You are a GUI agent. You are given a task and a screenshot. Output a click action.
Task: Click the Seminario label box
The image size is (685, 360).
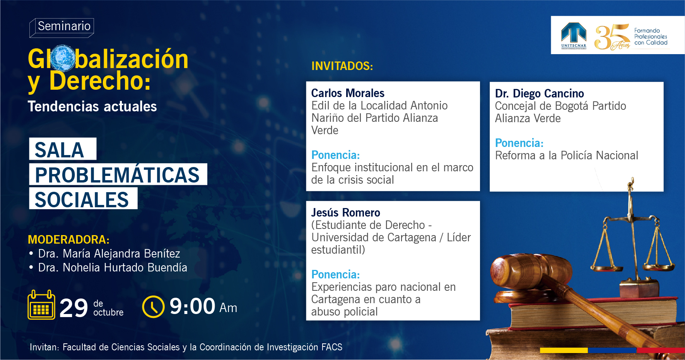pyautogui.click(x=62, y=27)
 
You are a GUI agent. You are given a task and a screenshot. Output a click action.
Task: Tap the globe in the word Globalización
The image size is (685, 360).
pyautogui.click(x=63, y=58)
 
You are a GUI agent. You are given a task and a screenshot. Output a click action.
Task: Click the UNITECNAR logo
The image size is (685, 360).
pyautogui.click(x=574, y=35)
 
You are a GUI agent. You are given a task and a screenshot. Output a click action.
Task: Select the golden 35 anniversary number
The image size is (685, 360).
pyautogui.click(x=612, y=37)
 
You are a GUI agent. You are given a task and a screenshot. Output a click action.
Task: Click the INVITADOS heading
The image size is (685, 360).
pyautogui.click(x=342, y=66)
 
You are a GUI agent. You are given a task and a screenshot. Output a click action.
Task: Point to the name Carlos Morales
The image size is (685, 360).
pyautogui.click(x=348, y=93)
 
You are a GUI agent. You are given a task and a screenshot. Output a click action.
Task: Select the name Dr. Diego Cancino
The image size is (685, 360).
pyautogui.click(x=540, y=94)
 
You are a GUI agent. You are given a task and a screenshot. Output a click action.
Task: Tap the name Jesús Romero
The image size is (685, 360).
pyautogui.click(x=346, y=213)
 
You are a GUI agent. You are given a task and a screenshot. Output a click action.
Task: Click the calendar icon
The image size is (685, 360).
pyautogui.click(x=41, y=305)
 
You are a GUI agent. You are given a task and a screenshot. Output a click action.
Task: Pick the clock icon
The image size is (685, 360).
pyautogui.click(x=154, y=307)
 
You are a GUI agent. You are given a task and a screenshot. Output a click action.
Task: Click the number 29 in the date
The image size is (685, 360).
pyautogui.click(x=74, y=308)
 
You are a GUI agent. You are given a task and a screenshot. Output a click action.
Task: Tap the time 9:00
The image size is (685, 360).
pyautogui.click(x=192, y=306)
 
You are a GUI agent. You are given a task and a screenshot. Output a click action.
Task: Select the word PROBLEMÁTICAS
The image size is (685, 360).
pyautogui.click(x=118, y=175)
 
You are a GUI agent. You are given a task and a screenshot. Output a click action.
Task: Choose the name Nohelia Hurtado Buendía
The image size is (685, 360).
pyautogui.click(x=125, y=268)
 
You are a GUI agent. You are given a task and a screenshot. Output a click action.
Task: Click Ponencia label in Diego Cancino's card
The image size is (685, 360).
pyautogui.click(x=519, y=143)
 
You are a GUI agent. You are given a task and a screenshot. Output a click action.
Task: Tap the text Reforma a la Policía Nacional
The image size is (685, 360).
pyautogui.click(x=567, y=155)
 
